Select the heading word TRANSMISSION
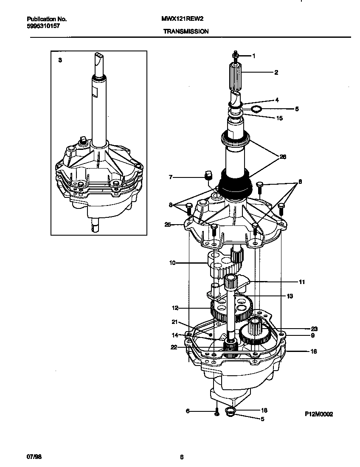coord(186,31)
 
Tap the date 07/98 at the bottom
coord(33,457)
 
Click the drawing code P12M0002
coord(318,414)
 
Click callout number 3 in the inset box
coord(60,60)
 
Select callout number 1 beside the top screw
coord(254,56)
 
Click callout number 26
coord(283,157)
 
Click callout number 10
coord(172,263)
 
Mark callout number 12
coord(175,308)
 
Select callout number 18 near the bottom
coord(264,410)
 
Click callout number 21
coord(174,321)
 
